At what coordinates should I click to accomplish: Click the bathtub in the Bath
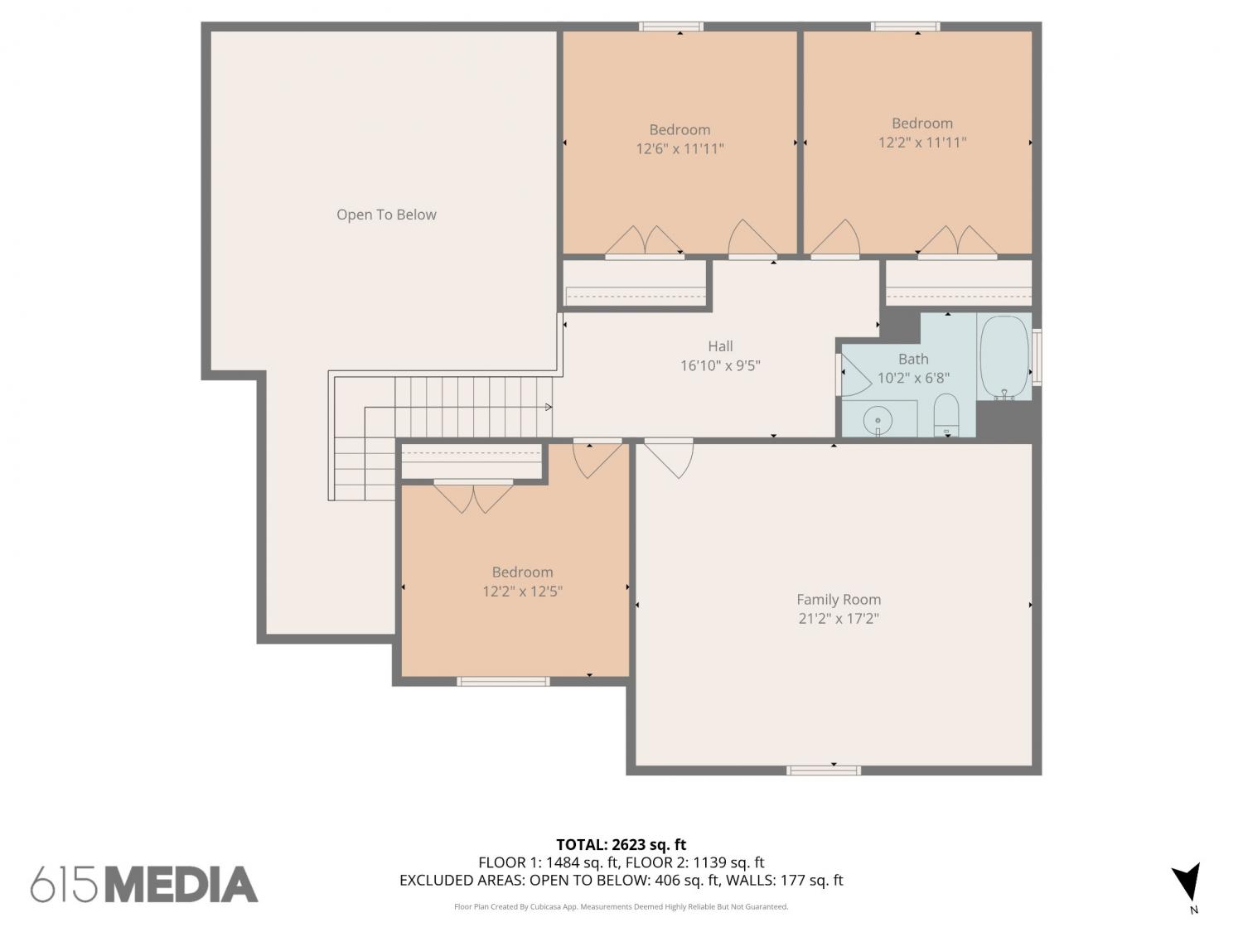pos(1004,358)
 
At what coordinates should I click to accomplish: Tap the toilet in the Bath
pos(946,415)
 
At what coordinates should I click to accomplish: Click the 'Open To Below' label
pos(386,215)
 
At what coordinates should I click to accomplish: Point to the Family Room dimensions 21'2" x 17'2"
pos(839,619)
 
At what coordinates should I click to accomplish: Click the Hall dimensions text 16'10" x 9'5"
pos(720,365)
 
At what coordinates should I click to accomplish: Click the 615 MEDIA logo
pos(144,885)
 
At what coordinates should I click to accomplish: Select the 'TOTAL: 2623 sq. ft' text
pos(621,845)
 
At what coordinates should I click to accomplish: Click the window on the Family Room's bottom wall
pos(824,770)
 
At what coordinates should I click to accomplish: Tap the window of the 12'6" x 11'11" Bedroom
pos(671,27)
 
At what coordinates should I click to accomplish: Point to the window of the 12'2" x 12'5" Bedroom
pos(503,681)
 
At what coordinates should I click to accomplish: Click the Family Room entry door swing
pos(669,457)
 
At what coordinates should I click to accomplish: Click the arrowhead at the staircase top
pos(549,407)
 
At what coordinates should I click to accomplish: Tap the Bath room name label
pos(913,359)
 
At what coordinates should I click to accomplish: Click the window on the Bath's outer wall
pos(1037,358)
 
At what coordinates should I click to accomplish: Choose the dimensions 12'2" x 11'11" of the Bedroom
pos(922,142)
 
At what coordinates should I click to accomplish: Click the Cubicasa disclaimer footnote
pos(621,906)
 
